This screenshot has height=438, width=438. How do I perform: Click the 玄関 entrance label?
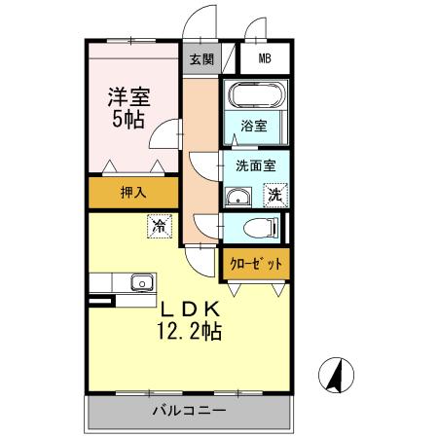pos(201,59)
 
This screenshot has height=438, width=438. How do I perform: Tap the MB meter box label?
pos(265,58)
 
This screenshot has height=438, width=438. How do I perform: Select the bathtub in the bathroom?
pos(256,94)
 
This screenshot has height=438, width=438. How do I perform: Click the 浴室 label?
pos(254,126)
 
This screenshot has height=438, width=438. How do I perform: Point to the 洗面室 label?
pos(256,165)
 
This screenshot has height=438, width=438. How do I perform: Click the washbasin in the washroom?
pos(238,197)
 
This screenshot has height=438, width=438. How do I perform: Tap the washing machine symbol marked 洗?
pos(275,195)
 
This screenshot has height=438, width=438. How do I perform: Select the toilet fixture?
pos(260,227)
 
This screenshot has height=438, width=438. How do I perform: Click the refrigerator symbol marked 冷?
pos(160,226)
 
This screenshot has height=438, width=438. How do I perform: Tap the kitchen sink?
pos(142,282)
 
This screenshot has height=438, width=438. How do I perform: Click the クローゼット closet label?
pos(256,264)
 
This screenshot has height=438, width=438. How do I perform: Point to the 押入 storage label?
pos(133,193)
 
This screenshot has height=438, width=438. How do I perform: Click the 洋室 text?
pos(129,97)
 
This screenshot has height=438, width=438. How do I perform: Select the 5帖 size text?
pos(128,120)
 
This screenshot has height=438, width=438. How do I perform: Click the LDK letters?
pos(191,310)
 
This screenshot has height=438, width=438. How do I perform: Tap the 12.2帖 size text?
pos(190,331)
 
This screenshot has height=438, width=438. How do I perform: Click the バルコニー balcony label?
pos(189,411)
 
